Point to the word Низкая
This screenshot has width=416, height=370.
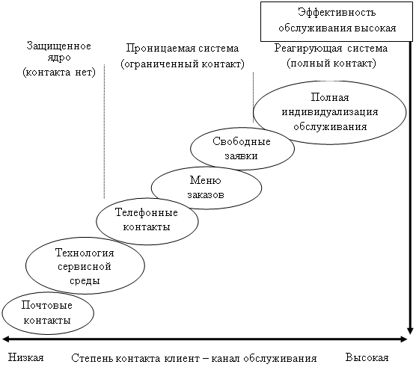(25, 357)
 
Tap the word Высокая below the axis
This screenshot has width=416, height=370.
(367, 357)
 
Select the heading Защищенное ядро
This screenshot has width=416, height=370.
(58, 52)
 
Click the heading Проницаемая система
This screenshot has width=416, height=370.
(183, 48)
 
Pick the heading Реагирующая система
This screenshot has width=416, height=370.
(331, 49)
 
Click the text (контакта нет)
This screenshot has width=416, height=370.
(59, 72)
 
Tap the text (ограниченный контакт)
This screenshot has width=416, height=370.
(183, 64)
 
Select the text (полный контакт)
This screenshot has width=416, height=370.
(331, 64)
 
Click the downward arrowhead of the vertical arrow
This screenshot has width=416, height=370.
(410, 331)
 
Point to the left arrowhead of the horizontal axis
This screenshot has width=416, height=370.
(6, 339)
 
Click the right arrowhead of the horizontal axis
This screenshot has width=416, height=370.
(403, 339)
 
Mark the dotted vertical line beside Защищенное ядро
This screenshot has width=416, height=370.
(104, 131)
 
